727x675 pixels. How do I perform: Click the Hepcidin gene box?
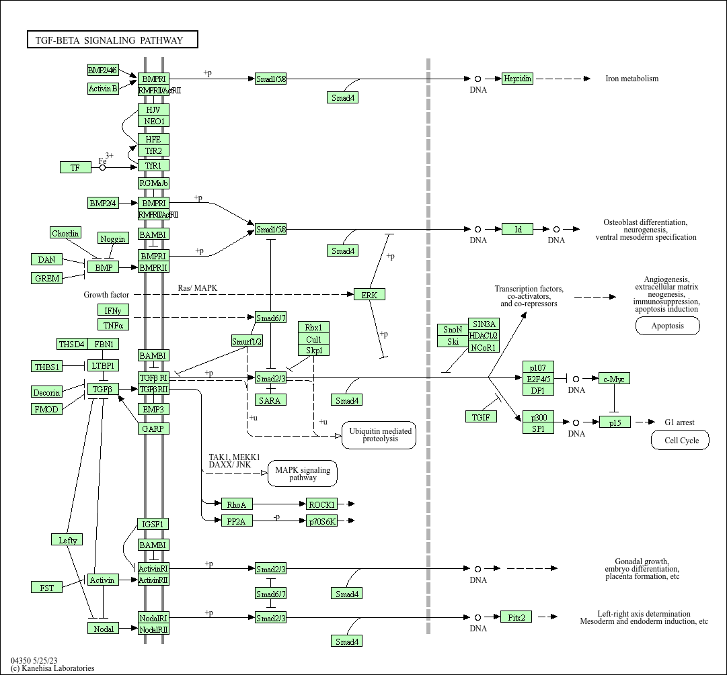click(517, 79)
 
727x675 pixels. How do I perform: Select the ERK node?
click(369, 294)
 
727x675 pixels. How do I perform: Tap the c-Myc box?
click(614, 379)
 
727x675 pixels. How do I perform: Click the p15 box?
click(615, 422)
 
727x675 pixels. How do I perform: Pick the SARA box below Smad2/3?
click(271, 400)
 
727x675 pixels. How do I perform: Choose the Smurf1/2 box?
click(247, 341)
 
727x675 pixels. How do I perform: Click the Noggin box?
click(112, 238)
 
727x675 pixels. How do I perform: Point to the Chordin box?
click(66, 233)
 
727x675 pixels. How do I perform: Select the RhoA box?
click(237, 504)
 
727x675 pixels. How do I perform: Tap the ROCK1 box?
click(321, 504)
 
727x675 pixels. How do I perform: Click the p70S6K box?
click(321, 521)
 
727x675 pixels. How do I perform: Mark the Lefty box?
click(68, 539)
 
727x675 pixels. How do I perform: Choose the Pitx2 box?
click(516, 617)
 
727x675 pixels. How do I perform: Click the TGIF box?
click(481, 416)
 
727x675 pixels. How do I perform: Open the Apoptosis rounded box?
click(667, 326)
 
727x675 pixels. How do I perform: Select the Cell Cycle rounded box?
click(679, 441)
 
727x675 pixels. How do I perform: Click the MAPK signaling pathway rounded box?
click(303, 474)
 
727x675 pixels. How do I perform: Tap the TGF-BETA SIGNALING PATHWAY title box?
click(112, 40)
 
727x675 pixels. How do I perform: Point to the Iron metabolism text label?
click(632, 79)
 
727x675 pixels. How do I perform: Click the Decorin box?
click(47, 392)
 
